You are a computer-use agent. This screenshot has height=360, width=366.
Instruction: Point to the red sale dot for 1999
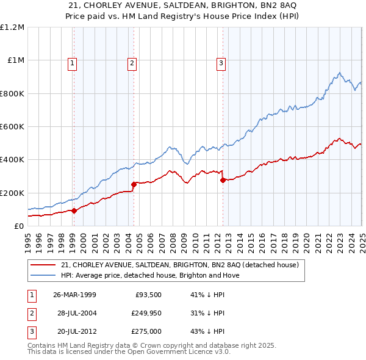coord(74,211)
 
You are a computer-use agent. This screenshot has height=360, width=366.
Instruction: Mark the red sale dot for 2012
coord(223,180)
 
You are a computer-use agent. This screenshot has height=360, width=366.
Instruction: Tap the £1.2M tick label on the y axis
coord(12,27)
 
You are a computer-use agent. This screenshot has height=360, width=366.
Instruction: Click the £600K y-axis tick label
coord(12,127)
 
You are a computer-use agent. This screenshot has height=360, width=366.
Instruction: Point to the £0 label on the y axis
coord(20,226)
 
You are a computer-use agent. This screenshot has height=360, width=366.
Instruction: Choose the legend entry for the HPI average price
coord(151,275)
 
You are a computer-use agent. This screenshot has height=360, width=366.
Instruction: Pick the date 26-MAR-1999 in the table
coord(75,295)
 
